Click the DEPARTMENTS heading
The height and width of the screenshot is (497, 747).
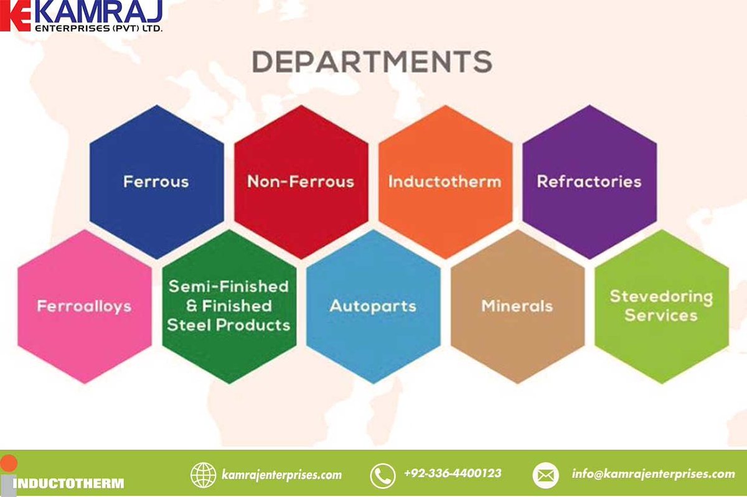pyautogui.click(x=372, y=62)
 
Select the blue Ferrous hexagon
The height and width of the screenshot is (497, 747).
pyautogui.click(x=157, y=182)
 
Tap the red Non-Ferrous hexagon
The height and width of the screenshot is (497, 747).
pyautogui.click(x=301, y=182)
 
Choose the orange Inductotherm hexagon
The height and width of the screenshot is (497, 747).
pyautogui.click(x=446, y=182)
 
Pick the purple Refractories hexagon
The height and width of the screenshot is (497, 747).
pyautogui.click(x=590, y=182)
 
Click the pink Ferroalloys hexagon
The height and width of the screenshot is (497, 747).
pyautogui.click(x=85, y=307)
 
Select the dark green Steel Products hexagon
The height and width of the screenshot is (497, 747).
pyautogui.click(x=229, y=307)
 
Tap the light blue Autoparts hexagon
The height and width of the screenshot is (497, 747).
pyautogui.click(x=374, y=307)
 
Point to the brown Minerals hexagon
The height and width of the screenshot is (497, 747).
pyautogui.click(x=517, y=307)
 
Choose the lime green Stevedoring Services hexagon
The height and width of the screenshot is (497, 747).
pyautogui.click(x=662, y=307)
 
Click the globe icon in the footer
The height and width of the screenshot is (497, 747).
pyautogui.click(x=203, y=475)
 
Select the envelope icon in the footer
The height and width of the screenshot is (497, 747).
pyautogui.click(x=545, y=475)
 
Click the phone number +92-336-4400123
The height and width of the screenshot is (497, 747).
pyautogui.click(x=453, y=473)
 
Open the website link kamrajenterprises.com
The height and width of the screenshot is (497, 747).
pyautogui.click(x=282, y=475)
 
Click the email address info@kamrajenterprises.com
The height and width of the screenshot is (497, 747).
pyautogui.click(x=653, y=473)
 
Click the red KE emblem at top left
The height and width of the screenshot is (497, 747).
pyautogui.click(x=16, y=16)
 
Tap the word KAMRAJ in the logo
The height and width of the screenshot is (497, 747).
pyautogui.click(x=99, y=12)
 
